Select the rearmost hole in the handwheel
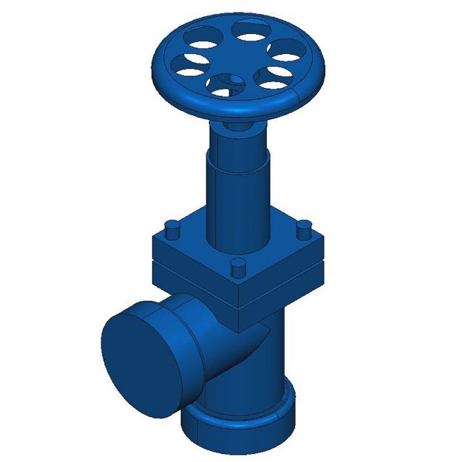[251, 30]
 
